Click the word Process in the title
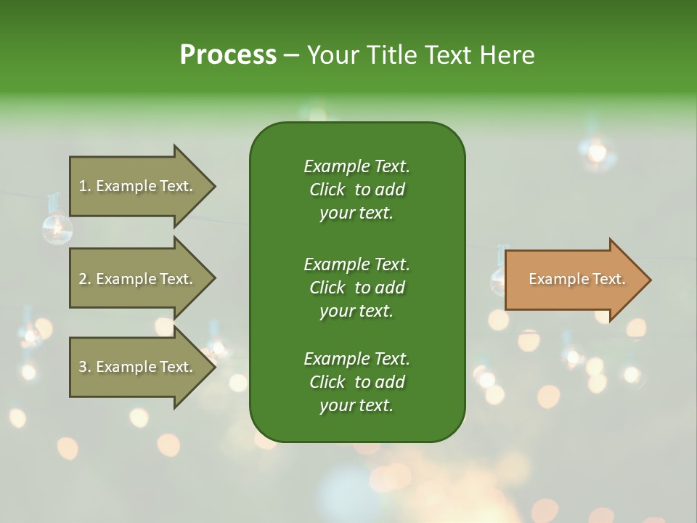tap(228, 55)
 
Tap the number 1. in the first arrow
tap(85, 186)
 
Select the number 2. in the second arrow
tap(85, 279)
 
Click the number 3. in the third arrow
tap(85, 367)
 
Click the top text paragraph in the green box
tap(356, 190)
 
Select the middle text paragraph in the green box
tap(356, 287)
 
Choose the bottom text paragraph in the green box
tap(356, 382)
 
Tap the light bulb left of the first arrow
tap(56, 228)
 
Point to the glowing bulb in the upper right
tap(597, 152)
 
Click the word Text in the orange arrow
tap(609, 279)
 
